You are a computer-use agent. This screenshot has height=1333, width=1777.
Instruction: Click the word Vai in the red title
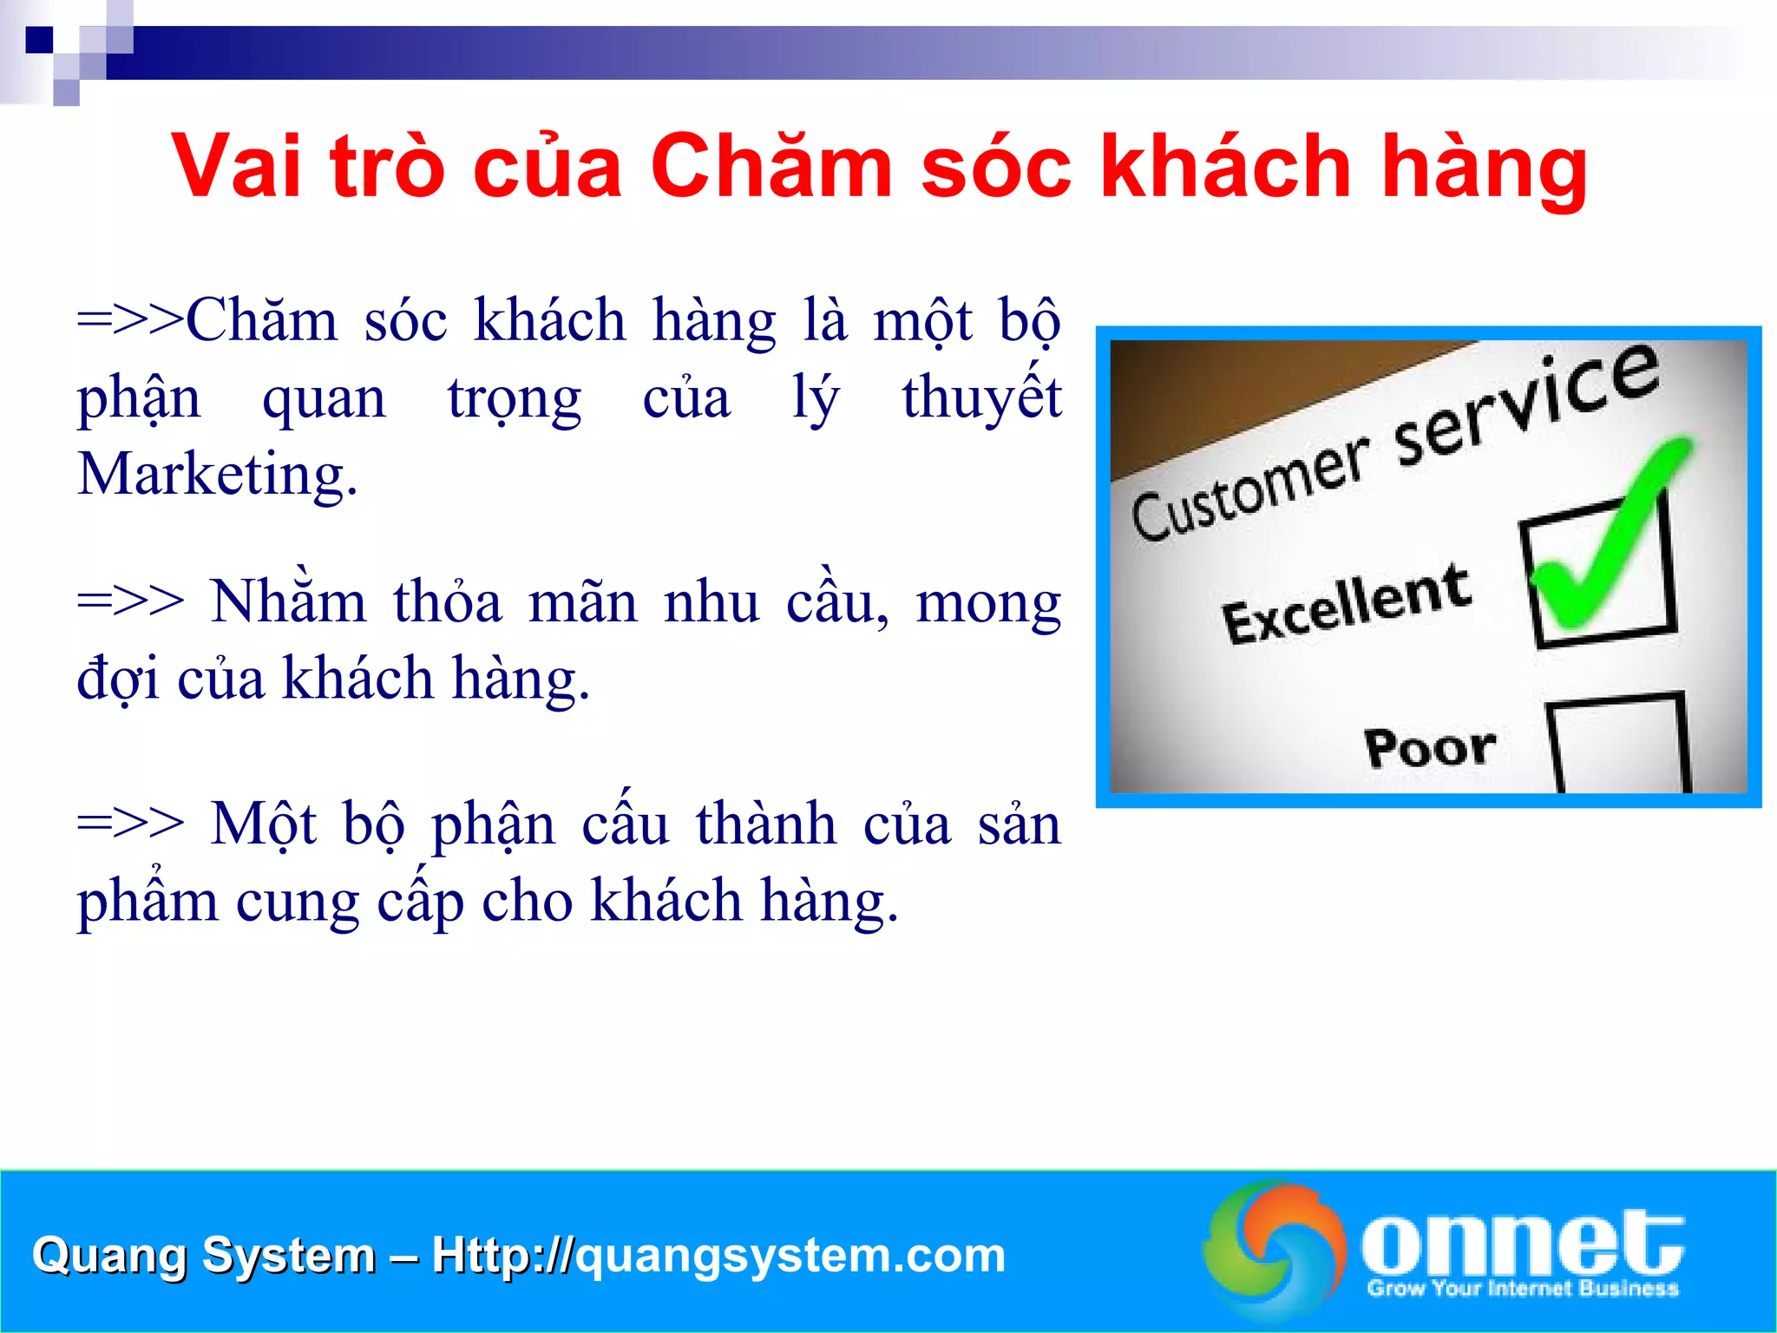coord(237,166)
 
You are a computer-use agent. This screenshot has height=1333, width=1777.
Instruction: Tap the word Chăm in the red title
coord(770,166)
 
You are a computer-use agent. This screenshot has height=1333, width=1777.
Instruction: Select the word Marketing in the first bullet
coord(217,476)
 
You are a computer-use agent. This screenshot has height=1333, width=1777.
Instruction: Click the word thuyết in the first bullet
coord(981,397)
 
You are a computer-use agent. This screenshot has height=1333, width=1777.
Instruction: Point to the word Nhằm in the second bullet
coord(288,601)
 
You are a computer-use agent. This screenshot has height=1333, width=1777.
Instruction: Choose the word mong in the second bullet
coord(988,602)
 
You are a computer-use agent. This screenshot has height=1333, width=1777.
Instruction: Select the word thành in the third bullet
coord(766,824)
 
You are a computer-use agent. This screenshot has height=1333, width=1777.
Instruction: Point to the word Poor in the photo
coord(1430,747)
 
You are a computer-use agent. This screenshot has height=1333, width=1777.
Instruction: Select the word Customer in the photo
coord(1249,489)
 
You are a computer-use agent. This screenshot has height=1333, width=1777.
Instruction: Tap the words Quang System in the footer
coord(203,1255)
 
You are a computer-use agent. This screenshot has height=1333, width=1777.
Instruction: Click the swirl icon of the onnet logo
coord(1274,1246)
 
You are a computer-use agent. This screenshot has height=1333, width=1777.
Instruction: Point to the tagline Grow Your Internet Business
coord(1523,1288)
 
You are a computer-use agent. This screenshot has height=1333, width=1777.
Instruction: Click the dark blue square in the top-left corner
coord(39,40)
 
